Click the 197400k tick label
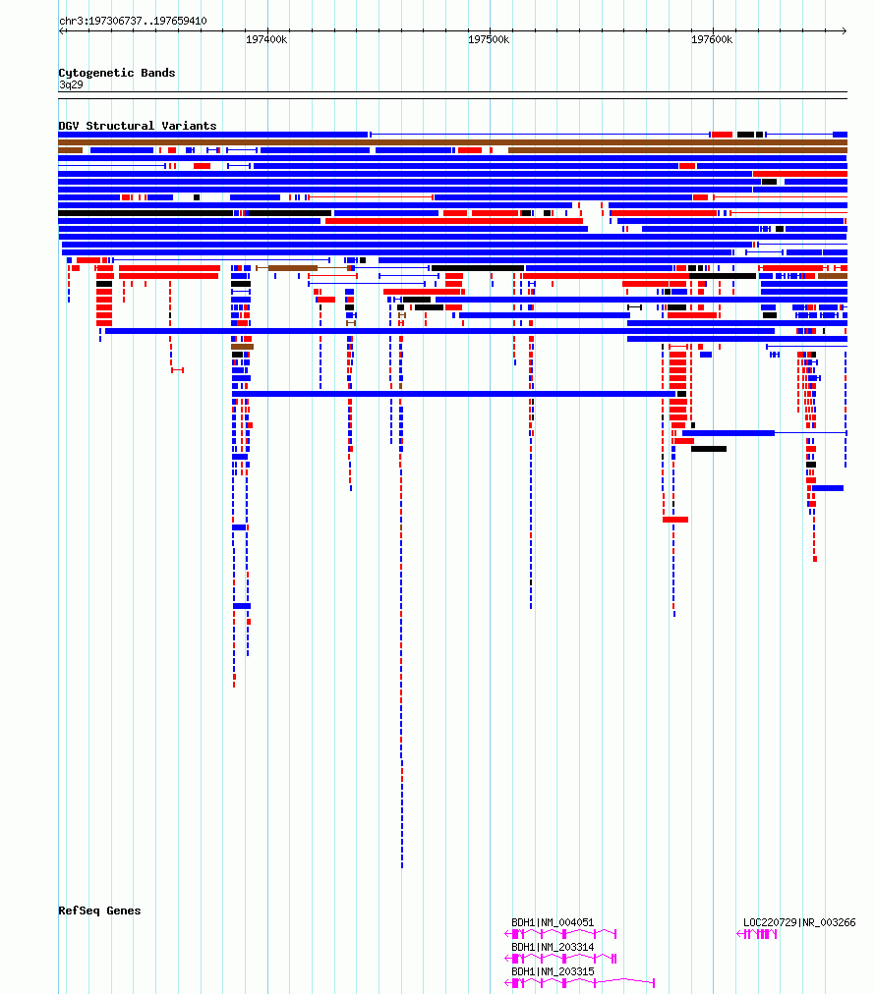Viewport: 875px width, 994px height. point(266,39)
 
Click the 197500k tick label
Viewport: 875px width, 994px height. point(489,39)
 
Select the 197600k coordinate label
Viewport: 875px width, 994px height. point(711,39)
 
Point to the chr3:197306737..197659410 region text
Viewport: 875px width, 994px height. point(133,21)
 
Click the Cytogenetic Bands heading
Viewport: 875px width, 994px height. point(117,73)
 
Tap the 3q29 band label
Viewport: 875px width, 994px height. point(71,84)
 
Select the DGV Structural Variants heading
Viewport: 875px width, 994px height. point(137,126)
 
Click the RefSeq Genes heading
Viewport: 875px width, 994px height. point(99,911)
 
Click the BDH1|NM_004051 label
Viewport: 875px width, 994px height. point(553,922)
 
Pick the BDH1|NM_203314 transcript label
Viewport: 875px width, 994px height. point(553,947)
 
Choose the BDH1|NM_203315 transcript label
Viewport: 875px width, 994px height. point(553,971)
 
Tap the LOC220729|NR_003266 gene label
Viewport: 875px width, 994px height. point(799,922)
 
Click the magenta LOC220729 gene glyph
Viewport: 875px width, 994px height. point(756,934)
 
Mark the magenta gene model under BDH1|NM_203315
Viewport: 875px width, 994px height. point(579,983)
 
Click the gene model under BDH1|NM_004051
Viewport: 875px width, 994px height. point(560,934)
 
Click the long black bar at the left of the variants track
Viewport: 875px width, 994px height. point(146,213)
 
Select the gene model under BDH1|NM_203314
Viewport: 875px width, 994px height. point(560,959)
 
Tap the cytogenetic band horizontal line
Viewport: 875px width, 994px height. point(452,92)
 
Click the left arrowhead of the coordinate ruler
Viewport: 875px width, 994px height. point(61,30)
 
